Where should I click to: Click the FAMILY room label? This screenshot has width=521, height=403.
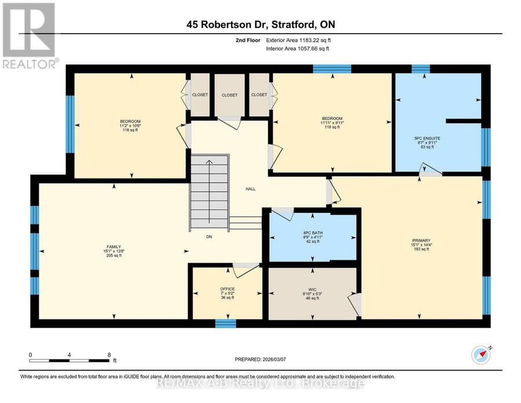[114, 247]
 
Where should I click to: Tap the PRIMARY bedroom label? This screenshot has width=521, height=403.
[421, 241]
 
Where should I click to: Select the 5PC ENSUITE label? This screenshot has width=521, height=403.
[427, 138]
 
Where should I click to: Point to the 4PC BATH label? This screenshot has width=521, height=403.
[313, 233]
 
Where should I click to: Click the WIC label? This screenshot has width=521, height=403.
[313, 289]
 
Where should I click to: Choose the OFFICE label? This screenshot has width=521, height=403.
[228, 289]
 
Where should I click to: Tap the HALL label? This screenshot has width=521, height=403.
[251, 188]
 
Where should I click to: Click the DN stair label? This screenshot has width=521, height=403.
[209, 237]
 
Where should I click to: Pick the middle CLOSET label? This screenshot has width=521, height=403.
[230, 95]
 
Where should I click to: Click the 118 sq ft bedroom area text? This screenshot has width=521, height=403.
[130, 130]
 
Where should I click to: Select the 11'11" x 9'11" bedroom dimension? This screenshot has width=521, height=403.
[332, 123]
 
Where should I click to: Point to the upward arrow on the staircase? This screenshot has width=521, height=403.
[209, 192]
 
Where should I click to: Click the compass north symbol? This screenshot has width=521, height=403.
[481, 355]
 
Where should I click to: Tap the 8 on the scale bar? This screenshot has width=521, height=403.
[109, 355]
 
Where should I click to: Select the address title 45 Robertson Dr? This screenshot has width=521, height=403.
[228, 24]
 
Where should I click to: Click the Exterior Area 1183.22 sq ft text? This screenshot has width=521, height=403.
[298, 40]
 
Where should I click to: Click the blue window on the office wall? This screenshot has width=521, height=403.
[226, 323]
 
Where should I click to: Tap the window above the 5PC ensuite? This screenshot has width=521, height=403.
[421, 69]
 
